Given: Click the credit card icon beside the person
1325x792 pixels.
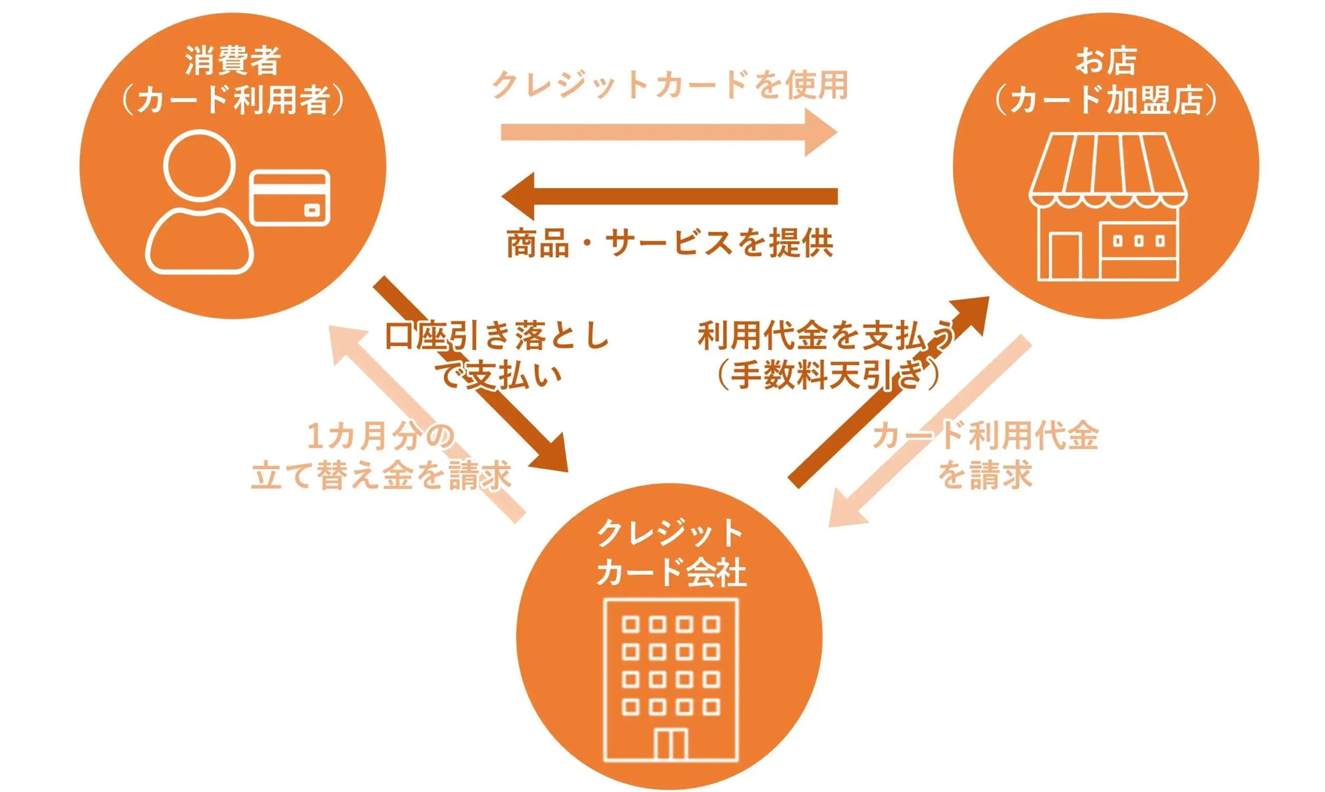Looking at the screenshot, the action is tap(290, 197).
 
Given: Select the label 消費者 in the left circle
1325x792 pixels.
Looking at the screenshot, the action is tap(233, 61).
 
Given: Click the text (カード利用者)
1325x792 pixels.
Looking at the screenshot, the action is tap(233, 99).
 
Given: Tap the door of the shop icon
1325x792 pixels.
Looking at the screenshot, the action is tap(1066, 256).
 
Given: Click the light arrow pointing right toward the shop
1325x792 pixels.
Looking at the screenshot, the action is tap(669, 133).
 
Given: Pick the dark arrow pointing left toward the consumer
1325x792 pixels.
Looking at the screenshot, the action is tap(669, 196).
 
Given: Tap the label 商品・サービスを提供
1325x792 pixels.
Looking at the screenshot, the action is tap(670, 243).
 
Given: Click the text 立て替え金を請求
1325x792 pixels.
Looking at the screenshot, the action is tap(381, 475).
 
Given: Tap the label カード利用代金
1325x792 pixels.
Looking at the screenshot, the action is tap(984, 436).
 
